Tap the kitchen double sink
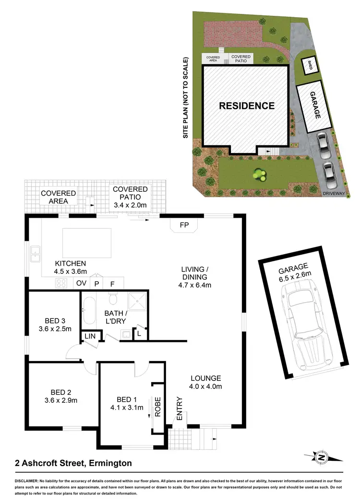35,254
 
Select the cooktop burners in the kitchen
61,283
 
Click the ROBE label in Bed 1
156,406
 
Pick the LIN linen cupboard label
90,337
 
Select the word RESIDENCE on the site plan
247,106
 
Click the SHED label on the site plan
310,66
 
